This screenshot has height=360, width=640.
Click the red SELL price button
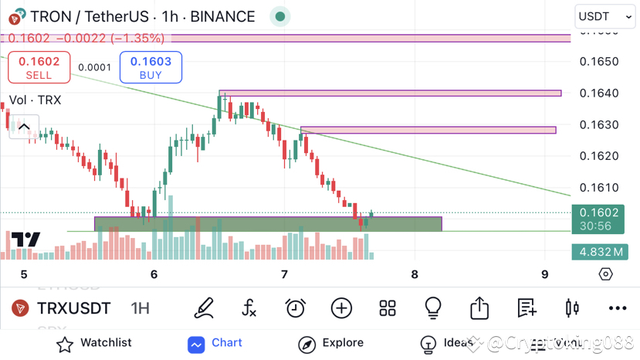pyautogui.click(x=39, y=67)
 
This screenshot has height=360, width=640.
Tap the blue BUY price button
pyautogui.click(x=151, y=67)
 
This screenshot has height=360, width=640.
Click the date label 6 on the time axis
pyautogui.click(x=154, y=274)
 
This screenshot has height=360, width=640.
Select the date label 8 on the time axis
pyautogui.click(x=415, y=274)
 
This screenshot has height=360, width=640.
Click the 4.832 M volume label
pyautogui.click(x=604, y=252)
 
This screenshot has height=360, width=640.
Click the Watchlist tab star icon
pyautogui.click(x=65, y=344)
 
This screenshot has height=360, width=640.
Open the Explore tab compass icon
pyautogui.click(x=306, y=344)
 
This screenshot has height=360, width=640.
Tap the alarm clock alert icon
pyautogui.click(x=295, y=308)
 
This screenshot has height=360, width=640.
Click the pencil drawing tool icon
pyautogui.click(x=204, y=308)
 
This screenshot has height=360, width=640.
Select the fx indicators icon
pyautogui.click(x=249, y=308)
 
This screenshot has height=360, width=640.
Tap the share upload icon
pyautogui.click(x=479, y=308)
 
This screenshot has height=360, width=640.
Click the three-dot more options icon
pyautogui.click(x=617, y=308)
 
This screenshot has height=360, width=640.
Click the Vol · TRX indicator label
pyautogui.click(x=35, y=100)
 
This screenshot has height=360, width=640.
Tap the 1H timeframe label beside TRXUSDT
pyautogui.click(x=140, y=308)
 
